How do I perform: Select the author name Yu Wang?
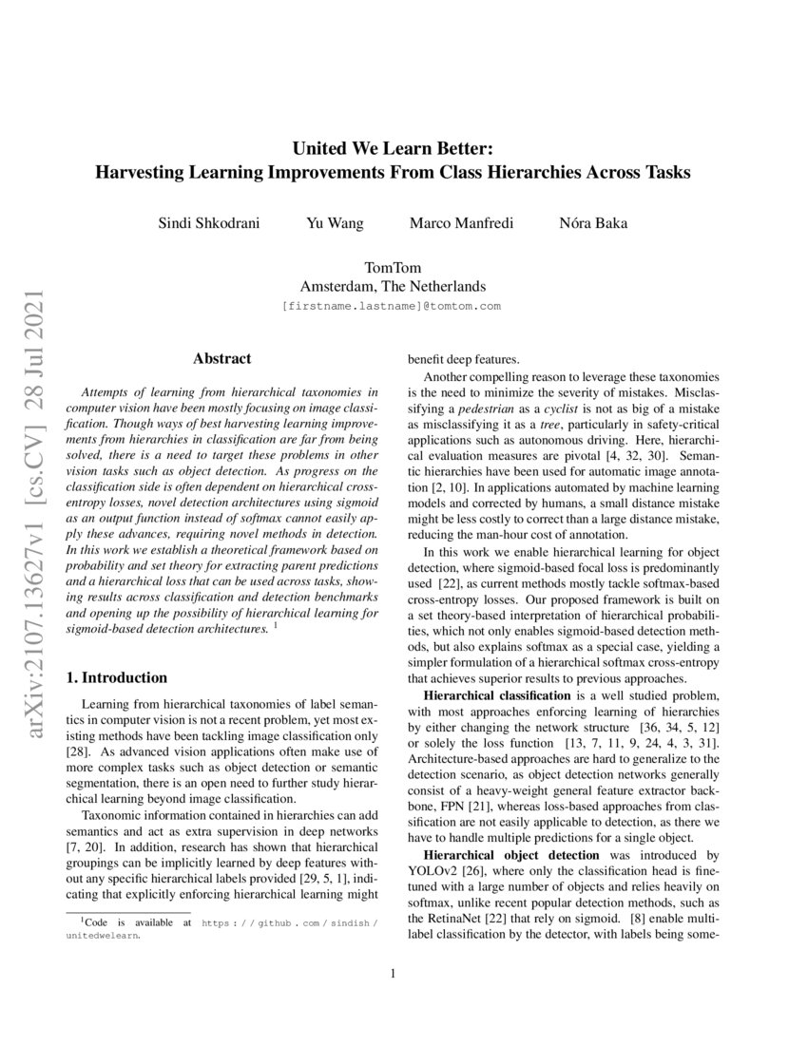pos(334,224)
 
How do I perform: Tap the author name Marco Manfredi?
pos(461,224)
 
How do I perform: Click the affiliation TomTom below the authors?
pos(393,269)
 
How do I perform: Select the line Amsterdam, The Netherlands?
pos(393,286)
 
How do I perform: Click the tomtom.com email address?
pos(392,307)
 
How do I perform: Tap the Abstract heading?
pos(221,359)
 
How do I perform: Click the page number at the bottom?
pos(393,998)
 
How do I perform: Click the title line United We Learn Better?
pos(392,149)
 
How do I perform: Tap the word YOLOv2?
pos(434,871)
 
